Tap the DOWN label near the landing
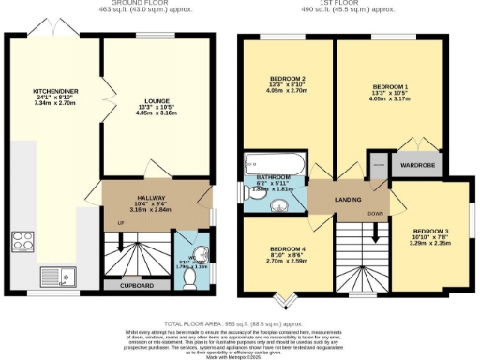pyautogui.click(x=374, y=214)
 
